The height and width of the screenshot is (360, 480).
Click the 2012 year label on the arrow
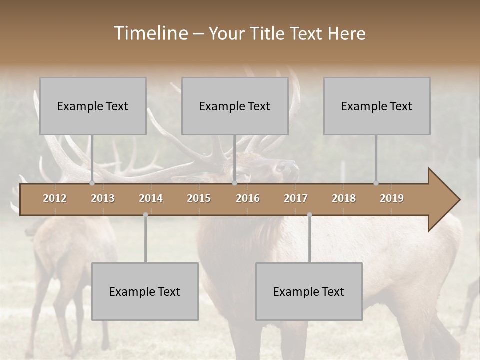pos(55,198)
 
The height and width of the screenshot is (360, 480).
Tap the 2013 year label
pos(103,198)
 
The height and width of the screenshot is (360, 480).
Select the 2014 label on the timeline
pos(151,198)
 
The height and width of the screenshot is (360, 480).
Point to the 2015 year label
pos(199,198)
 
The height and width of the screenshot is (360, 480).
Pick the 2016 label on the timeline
pos(248,198)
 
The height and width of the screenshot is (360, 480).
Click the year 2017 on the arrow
pos(296,198)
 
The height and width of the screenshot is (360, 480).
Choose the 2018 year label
pos(344,198)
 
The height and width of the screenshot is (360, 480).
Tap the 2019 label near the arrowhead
pos(392,198)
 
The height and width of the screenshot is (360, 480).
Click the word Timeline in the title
pos(150,33)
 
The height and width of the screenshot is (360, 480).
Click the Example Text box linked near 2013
pos(93,106)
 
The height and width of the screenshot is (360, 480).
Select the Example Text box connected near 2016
pos(235,106)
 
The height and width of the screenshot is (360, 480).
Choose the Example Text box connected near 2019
pos(377,106)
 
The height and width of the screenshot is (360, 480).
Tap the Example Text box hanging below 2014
pos(145,291)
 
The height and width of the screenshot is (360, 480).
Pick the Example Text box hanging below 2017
pos(309,291)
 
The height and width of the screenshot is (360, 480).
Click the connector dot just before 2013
pos(92,183)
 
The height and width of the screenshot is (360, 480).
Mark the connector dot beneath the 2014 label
pos(145,215)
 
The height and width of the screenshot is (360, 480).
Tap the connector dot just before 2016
pos(234,183)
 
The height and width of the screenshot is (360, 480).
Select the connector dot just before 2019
pos(376,183)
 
